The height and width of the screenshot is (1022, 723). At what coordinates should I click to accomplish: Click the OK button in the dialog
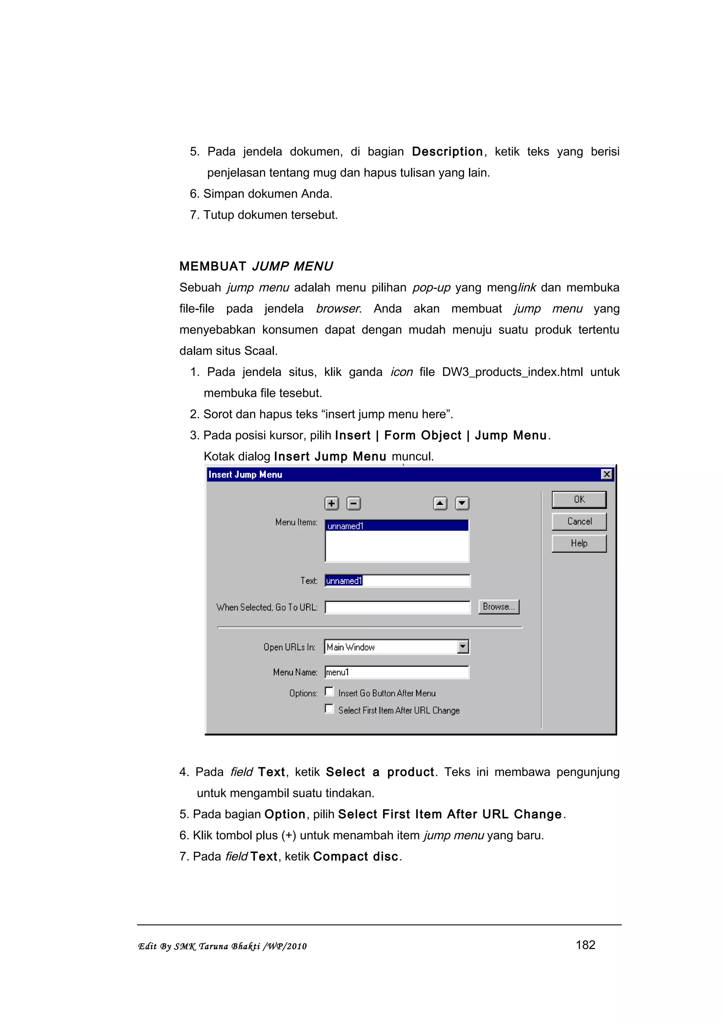click(x=579, y=499)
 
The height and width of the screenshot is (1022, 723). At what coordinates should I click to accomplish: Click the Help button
click(x=579, y=543)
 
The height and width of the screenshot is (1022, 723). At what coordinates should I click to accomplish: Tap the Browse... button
click(x=498, y=607)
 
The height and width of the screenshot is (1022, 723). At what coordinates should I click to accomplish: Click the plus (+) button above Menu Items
click(x=331, y=504)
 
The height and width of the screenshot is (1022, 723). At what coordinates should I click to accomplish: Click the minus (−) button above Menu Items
click(x=354, y=504)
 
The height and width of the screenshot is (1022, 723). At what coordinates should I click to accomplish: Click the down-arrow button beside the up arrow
click(x=462, y=504)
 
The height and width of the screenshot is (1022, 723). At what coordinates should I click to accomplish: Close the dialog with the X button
click(x=606, y=475)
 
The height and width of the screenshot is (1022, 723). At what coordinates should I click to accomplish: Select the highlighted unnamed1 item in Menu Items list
click(x=396, y=526)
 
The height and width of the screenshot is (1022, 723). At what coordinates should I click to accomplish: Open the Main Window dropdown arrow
click(x=463, y=647)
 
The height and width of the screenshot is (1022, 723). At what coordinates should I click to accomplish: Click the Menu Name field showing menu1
click(x=396, y=672)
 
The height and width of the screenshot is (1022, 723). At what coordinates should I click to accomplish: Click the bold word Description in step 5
click(x=447, y=152)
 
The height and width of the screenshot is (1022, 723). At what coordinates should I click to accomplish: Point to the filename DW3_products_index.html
click(x=512, y=372)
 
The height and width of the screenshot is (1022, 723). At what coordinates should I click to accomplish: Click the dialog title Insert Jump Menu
click(x=245, y=475)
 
